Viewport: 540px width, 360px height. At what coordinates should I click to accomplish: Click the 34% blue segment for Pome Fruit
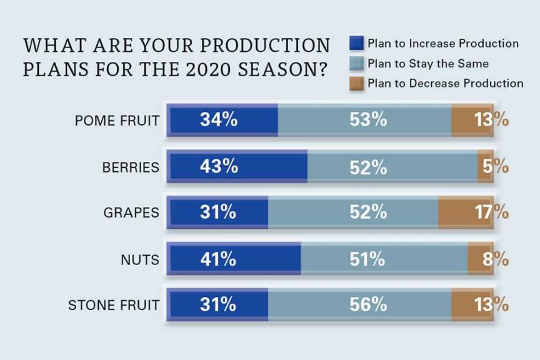point(223,120)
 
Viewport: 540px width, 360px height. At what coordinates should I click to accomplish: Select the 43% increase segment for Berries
point(237,166)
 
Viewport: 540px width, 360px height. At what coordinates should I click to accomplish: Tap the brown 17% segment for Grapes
point(466,212)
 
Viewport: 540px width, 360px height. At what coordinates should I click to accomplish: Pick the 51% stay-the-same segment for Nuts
point(384,258)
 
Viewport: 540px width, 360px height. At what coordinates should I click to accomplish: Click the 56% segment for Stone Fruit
point(359,304)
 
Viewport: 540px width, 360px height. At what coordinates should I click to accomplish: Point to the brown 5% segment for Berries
point(485,166)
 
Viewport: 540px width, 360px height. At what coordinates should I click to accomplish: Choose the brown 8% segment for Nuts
point(480,258)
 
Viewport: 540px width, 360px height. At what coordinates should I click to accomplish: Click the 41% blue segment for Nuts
point(234,258)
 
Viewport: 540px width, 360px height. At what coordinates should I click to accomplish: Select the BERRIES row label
point(131,167)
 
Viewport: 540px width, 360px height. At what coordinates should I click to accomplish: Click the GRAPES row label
point(131,212)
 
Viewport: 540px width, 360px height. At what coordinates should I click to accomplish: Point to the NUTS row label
point(140,259)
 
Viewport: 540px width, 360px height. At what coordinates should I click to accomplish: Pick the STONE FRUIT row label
point(113,305)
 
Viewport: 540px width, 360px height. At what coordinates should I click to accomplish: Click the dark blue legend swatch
point(356,44)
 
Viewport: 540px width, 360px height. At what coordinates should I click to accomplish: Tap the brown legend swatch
point(356,83)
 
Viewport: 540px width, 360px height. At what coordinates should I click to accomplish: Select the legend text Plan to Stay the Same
point(427,64)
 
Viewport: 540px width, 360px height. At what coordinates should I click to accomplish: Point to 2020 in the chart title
point(191,68)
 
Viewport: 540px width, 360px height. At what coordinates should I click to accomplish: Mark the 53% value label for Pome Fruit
point(368,120)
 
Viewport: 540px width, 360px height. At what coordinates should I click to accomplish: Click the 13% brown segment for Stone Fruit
point(472,304)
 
